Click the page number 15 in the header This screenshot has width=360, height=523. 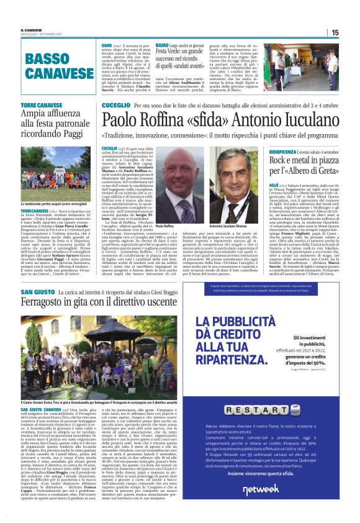click(x=352, y=32)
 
